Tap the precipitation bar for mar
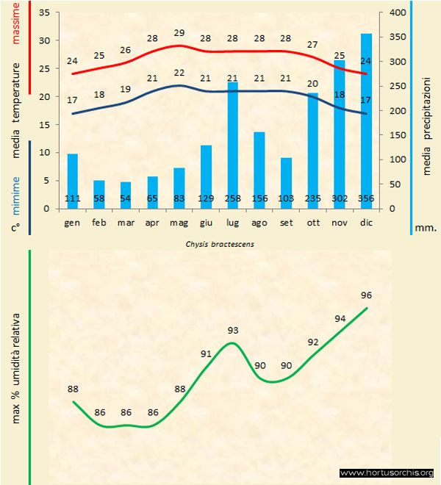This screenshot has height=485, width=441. coord(126,195)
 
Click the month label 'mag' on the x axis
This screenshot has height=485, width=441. coord(179,221)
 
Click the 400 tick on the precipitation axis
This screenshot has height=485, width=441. coord(398,12)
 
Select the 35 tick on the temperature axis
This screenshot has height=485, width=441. coord(43,13)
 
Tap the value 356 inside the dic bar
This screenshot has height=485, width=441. coord(365,198)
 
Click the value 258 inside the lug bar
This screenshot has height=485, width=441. coord(232,198)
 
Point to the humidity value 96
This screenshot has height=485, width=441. coord(366,295)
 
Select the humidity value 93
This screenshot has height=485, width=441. coord(234,330)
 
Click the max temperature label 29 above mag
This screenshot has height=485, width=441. coord(179,33)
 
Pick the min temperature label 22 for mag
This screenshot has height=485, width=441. coord(179,72)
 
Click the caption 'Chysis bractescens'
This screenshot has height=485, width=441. coord(220,243)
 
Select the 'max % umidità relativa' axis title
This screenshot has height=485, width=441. coord(16,367)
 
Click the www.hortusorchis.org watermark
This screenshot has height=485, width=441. coord(387,473)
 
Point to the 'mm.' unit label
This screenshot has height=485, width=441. coord(426,228)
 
